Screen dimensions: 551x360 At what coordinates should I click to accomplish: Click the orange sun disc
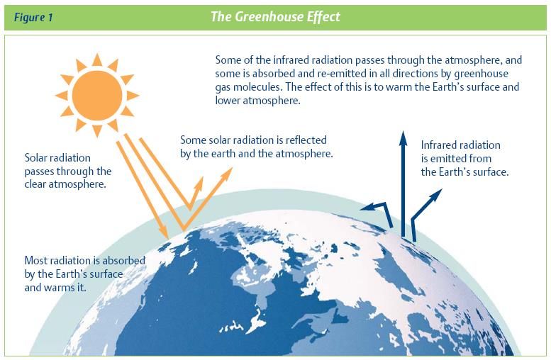point(97,95)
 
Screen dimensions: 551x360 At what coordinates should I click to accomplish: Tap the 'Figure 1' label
point(33,17)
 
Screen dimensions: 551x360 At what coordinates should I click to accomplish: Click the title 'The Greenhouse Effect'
point(275,16)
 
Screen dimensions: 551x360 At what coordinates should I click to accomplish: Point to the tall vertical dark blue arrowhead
point(403,138)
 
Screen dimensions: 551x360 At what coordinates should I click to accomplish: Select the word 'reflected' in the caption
point(306,140)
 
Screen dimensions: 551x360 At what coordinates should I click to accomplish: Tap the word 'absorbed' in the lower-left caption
point(123,261)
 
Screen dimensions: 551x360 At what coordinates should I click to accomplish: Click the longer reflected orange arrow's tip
point(232,168)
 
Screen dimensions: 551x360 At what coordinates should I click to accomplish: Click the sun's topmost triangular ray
point(97,60)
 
